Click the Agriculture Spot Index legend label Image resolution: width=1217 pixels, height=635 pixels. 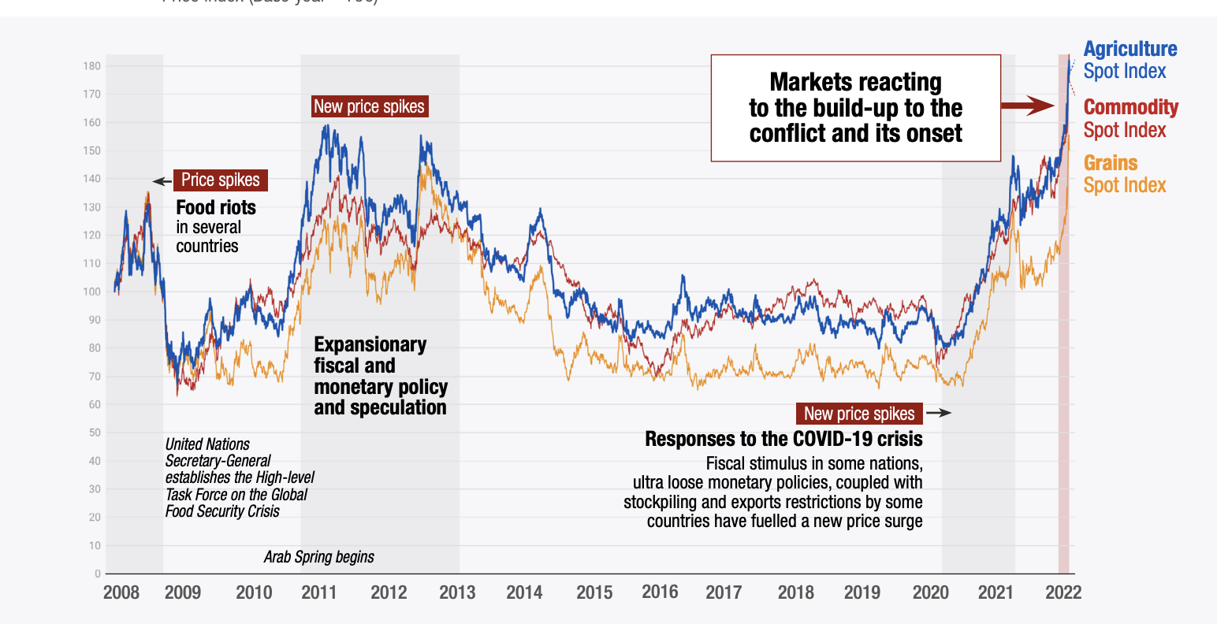tap(1130, 60)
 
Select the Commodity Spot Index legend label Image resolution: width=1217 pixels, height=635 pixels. tap(1130, 118)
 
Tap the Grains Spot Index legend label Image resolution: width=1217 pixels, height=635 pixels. tap(1124, 174)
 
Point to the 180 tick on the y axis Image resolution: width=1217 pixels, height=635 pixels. tap(92, 66)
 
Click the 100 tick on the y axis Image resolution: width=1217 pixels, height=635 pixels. tap(92, 292)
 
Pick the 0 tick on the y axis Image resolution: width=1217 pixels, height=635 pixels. tap(97, 574)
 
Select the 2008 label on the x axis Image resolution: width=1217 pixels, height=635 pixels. tap(121, 592)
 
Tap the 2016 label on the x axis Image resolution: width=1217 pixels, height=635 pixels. tap(660, 592)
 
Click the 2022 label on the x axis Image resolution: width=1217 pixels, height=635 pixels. tap(1063, 592)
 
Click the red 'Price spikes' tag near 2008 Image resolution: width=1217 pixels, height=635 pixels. tap(220, 180)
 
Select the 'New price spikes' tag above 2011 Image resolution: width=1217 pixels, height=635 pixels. tap(369, 107)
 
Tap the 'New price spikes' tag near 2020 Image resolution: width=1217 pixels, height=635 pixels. tap(859, 414)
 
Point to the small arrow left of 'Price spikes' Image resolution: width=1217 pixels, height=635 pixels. tap(162, 181)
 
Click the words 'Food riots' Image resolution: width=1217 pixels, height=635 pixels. tap(216, 208)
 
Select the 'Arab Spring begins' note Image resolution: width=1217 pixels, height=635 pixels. tap(318, 557)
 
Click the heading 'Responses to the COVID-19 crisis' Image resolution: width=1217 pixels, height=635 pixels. tap(783, 439)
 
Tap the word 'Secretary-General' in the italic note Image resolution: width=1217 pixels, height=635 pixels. tap(218, 461)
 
